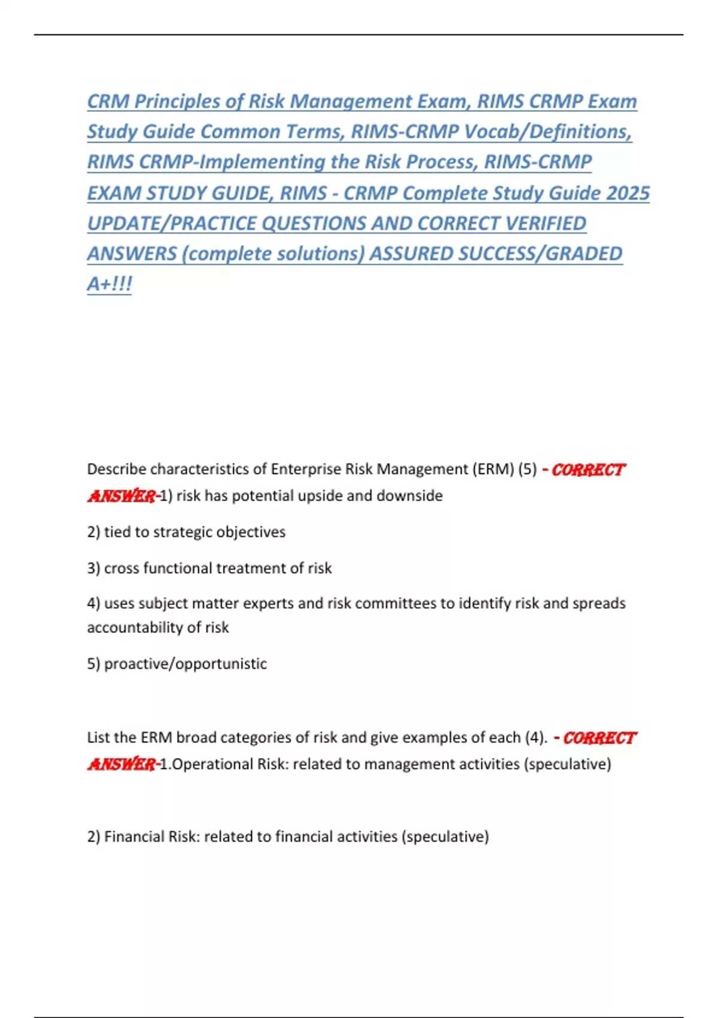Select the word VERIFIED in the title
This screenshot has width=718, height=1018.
[x=546, y=223]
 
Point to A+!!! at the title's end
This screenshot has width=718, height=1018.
[x=109, y=283]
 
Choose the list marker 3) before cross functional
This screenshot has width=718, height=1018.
[x=93, y=568]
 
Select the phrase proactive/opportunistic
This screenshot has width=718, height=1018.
[x=185, y=663]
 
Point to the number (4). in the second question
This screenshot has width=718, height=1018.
[x=536, y=737]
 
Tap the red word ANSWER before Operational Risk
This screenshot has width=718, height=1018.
[x=121, y=764]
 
